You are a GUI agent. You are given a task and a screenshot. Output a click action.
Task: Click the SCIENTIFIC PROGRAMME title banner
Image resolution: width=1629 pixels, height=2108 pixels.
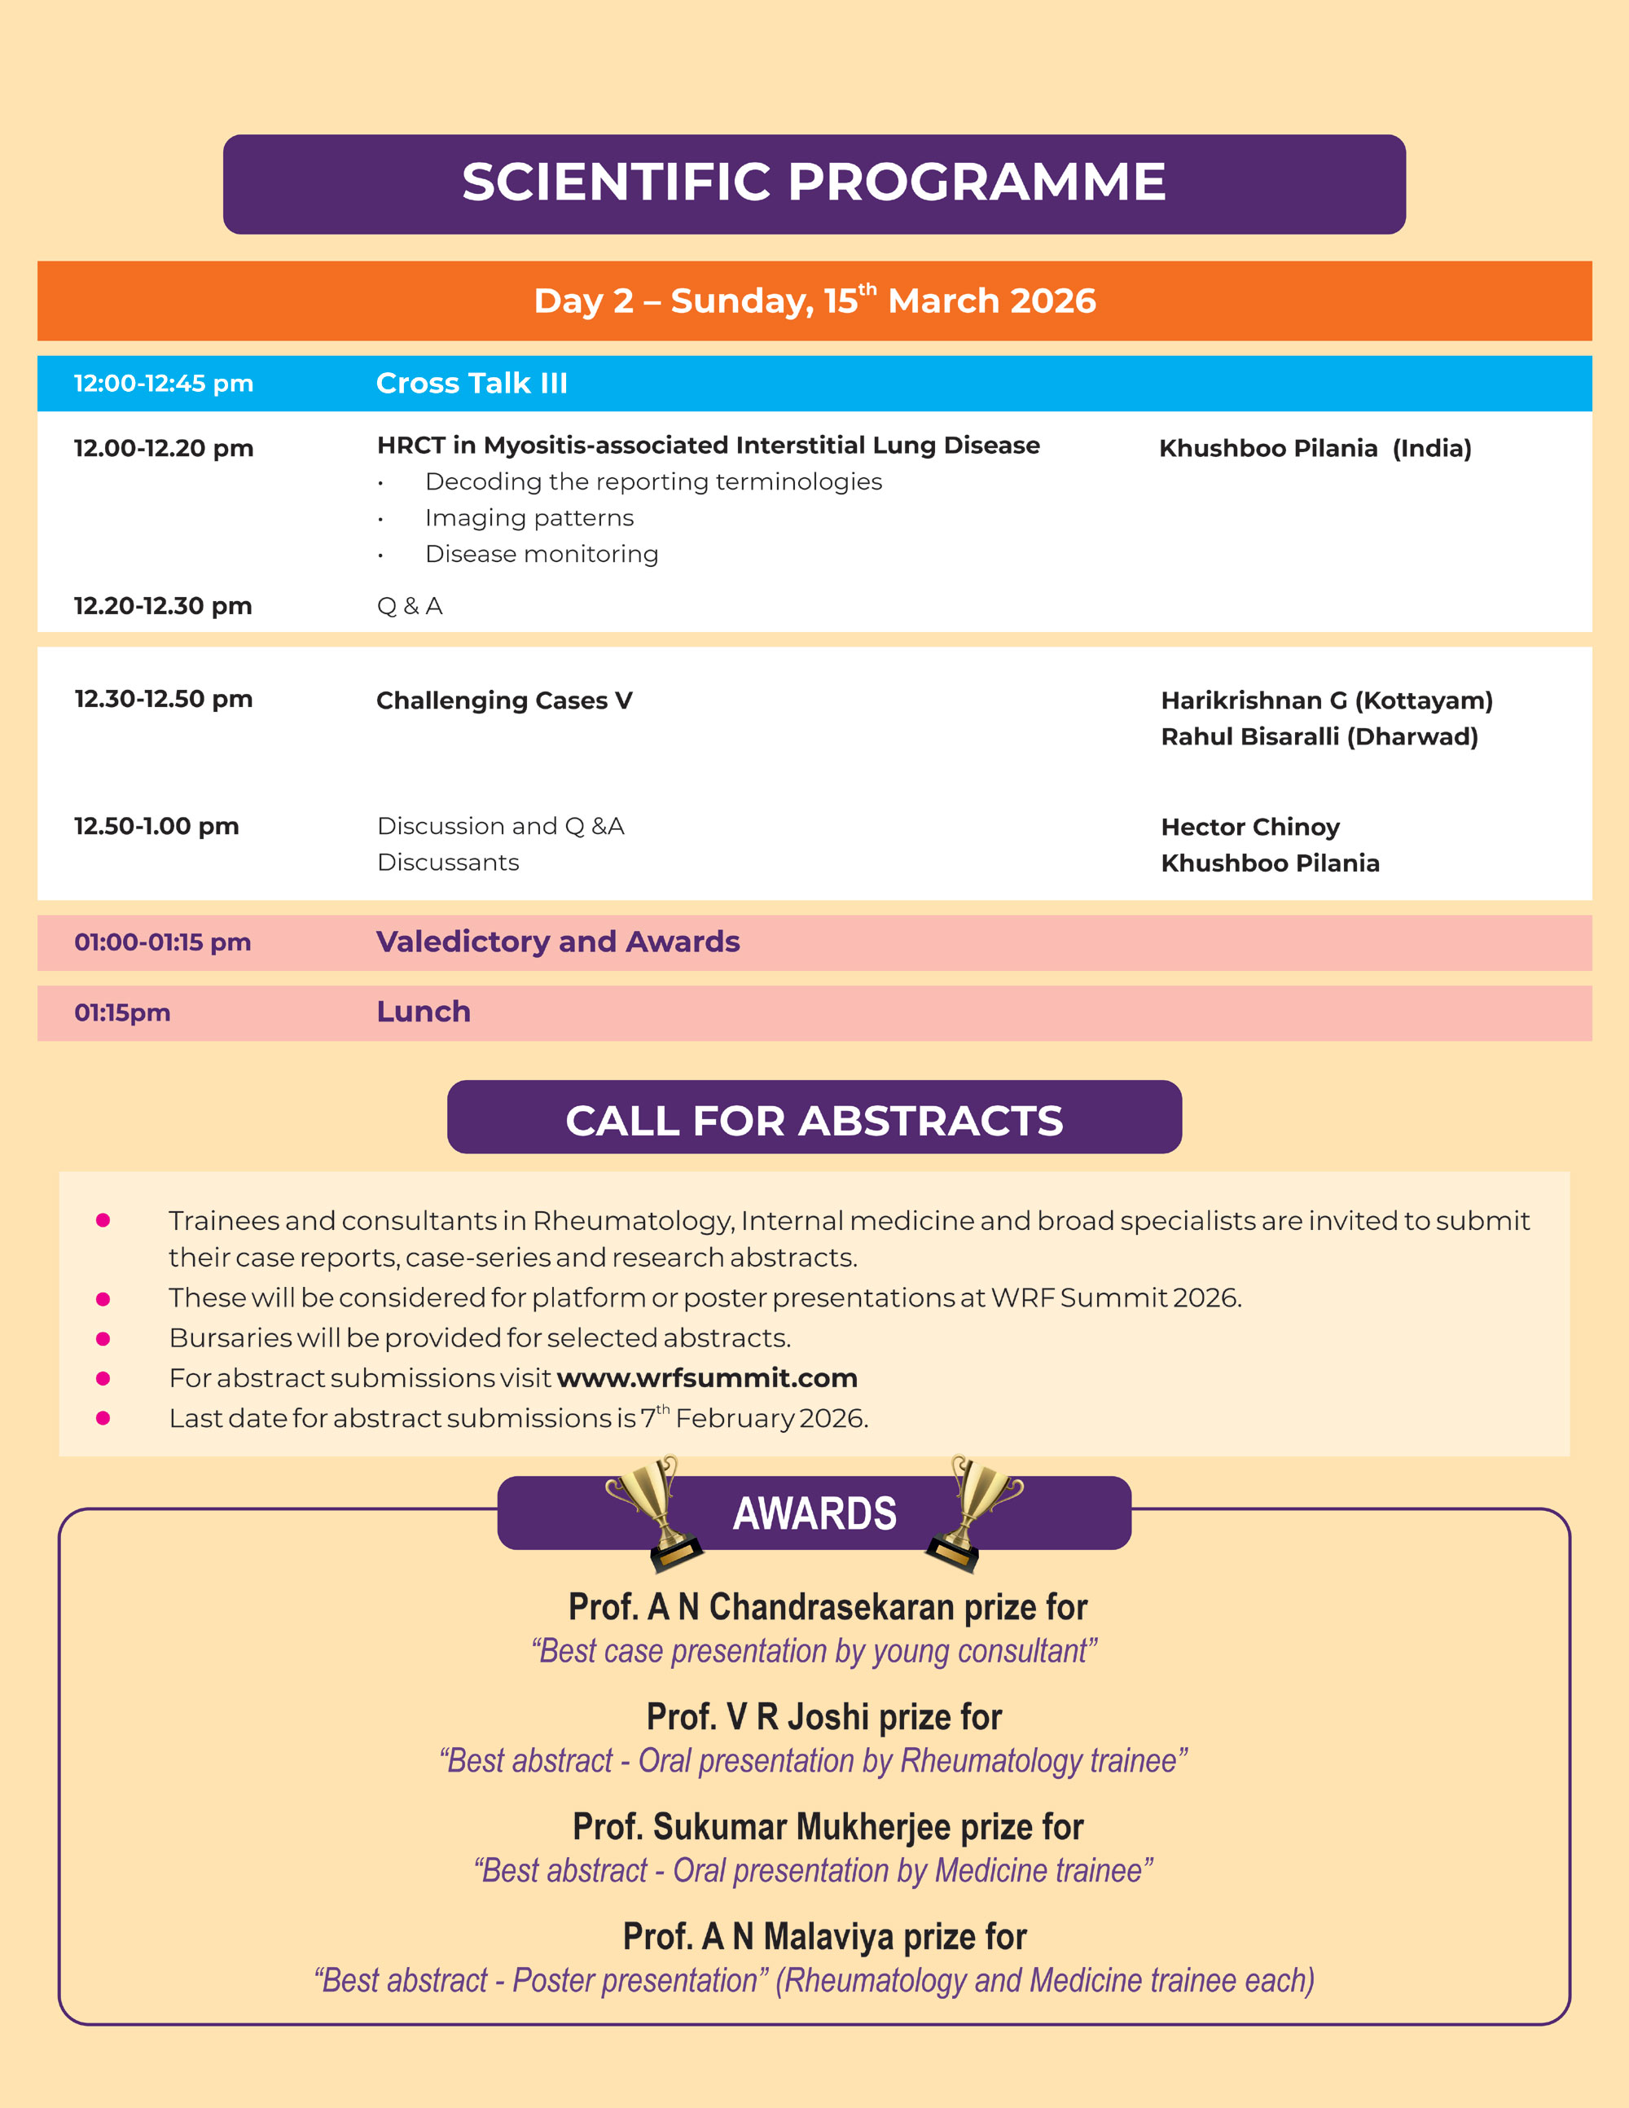coord(814,182)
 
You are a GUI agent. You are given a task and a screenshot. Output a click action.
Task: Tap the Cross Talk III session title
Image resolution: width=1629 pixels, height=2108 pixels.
coord(471,383)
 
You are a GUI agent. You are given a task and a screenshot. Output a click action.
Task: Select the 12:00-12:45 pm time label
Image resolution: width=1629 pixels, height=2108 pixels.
coord(163,383)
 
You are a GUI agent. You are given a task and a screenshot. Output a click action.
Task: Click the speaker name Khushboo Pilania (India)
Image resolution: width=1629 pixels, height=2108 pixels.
coord(1315,448)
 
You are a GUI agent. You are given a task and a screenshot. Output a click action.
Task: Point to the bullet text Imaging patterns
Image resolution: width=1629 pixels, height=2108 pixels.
coord(529,518)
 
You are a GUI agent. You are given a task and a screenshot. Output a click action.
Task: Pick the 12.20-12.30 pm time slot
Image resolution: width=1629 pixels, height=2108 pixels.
coord(163,606)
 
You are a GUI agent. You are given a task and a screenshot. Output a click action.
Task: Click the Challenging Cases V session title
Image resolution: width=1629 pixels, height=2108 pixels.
coord(503,700)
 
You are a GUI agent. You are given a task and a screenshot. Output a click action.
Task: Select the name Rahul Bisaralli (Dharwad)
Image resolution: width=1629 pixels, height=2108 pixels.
coord(1318,736)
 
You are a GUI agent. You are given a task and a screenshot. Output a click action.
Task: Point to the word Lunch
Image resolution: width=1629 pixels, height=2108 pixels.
coord(423,1012)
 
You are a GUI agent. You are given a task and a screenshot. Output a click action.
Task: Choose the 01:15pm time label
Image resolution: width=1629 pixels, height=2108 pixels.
coord(122,1012)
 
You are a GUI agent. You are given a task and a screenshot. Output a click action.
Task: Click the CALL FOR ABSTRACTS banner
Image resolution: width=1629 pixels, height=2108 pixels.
coord(814,1120)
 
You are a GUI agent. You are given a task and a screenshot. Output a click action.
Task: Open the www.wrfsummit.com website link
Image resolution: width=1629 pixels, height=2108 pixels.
coord(706,1377)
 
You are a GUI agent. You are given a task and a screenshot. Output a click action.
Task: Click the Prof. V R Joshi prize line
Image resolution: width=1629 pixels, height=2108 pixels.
coord(823,1717)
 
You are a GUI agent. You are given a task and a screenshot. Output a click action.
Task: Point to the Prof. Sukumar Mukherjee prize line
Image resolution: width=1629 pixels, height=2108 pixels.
coord(827,1827)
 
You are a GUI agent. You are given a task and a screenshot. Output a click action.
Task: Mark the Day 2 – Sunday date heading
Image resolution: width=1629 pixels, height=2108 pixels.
coord(814,301)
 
